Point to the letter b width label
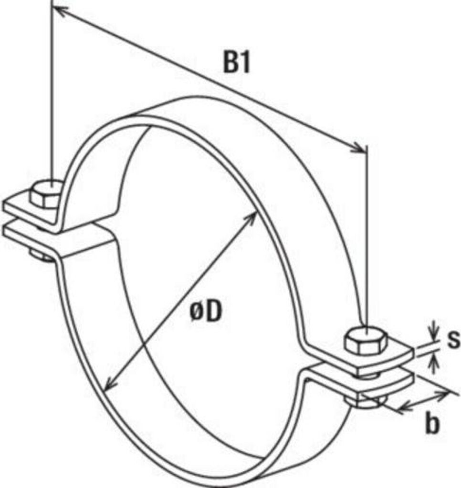432,425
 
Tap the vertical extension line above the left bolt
51,95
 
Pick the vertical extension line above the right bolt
367,238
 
